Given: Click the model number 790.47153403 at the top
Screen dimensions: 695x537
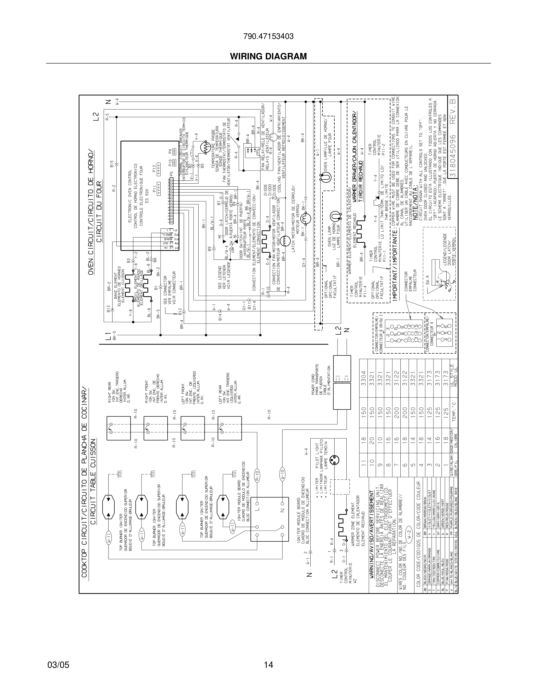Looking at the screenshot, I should pos(268,37).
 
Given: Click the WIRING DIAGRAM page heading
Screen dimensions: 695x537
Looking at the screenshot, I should pos(268,56).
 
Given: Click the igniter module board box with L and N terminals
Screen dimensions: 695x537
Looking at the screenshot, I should pos(269,519).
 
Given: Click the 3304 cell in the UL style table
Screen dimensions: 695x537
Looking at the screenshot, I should pos(364,376).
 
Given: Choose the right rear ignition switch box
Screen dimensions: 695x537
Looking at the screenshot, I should pos(119,428).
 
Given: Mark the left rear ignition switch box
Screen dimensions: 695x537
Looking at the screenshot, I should pos(230,428).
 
